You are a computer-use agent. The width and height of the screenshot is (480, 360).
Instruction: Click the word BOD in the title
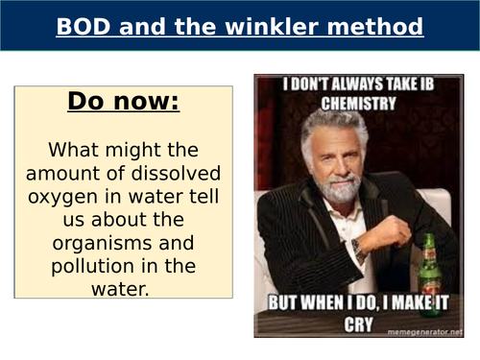pyautogui.click(x=82, y=26)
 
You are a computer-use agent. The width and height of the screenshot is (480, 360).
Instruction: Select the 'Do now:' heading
pyautogui.click(x=123, y=102)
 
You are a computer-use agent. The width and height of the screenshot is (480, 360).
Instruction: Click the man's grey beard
pyautogui.click(x=338, y=186)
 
